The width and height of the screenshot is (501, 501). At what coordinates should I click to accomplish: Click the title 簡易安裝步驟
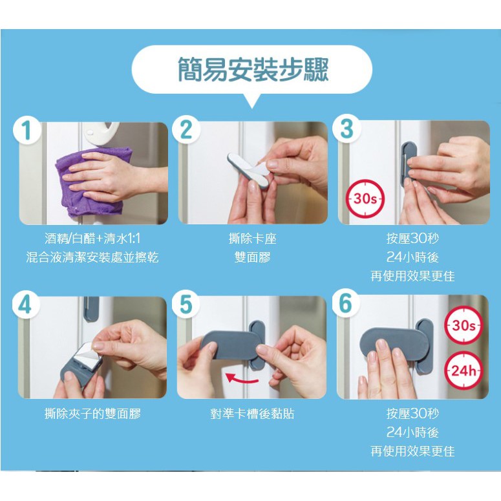click(253, 70)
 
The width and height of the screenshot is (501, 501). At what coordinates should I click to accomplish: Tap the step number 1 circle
click(27, 130)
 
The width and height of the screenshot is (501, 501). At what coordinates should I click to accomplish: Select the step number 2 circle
click(186, 129)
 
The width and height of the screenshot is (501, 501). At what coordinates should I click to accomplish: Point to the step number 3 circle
click(346, 129)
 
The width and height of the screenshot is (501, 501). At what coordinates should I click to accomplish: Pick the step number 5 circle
click(186, 304)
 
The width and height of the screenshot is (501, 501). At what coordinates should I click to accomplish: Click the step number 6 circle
click(346, 303)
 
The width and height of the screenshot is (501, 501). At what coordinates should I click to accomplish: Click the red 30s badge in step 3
click(365, 198)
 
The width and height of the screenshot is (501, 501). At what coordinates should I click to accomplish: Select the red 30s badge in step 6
click(464, 325)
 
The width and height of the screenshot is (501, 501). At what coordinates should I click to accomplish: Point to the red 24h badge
click(464, 370)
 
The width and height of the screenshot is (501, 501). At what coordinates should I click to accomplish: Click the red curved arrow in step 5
click(242, 379)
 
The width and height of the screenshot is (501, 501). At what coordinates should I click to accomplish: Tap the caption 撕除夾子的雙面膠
click(92, 414)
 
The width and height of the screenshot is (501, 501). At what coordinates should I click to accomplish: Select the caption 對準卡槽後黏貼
click(252, 414)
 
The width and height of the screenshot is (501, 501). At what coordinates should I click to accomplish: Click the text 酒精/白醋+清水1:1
click(92, 239)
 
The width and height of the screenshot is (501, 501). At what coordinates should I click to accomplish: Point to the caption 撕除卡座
click(252, 239)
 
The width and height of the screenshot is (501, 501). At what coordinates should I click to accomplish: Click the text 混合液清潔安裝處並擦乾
click(92, 257)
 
